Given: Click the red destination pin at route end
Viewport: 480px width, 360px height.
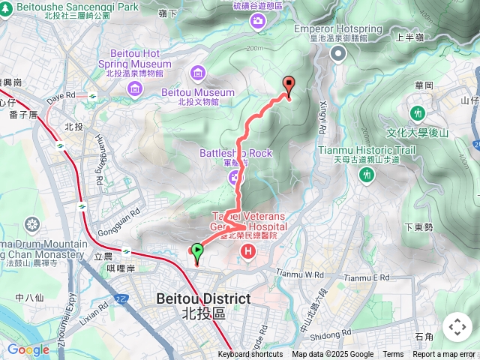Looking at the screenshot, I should (x=288, y=85).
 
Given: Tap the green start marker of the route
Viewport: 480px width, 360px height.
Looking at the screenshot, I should (x=197, y=251).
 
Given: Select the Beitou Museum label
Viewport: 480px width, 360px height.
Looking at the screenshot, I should (x=198, y=92).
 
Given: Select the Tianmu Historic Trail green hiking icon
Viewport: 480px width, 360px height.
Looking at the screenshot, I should (x=367, y=175).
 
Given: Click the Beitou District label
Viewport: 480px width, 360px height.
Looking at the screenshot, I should (x=203, y=298).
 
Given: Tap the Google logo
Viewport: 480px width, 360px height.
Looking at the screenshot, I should (x=28, y=349).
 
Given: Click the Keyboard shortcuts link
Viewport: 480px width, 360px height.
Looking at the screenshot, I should (x=250, y=355).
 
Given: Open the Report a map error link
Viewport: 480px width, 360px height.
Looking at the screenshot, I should (x=444, y=355).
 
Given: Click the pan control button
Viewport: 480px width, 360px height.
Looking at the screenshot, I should (x=457, y=326).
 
